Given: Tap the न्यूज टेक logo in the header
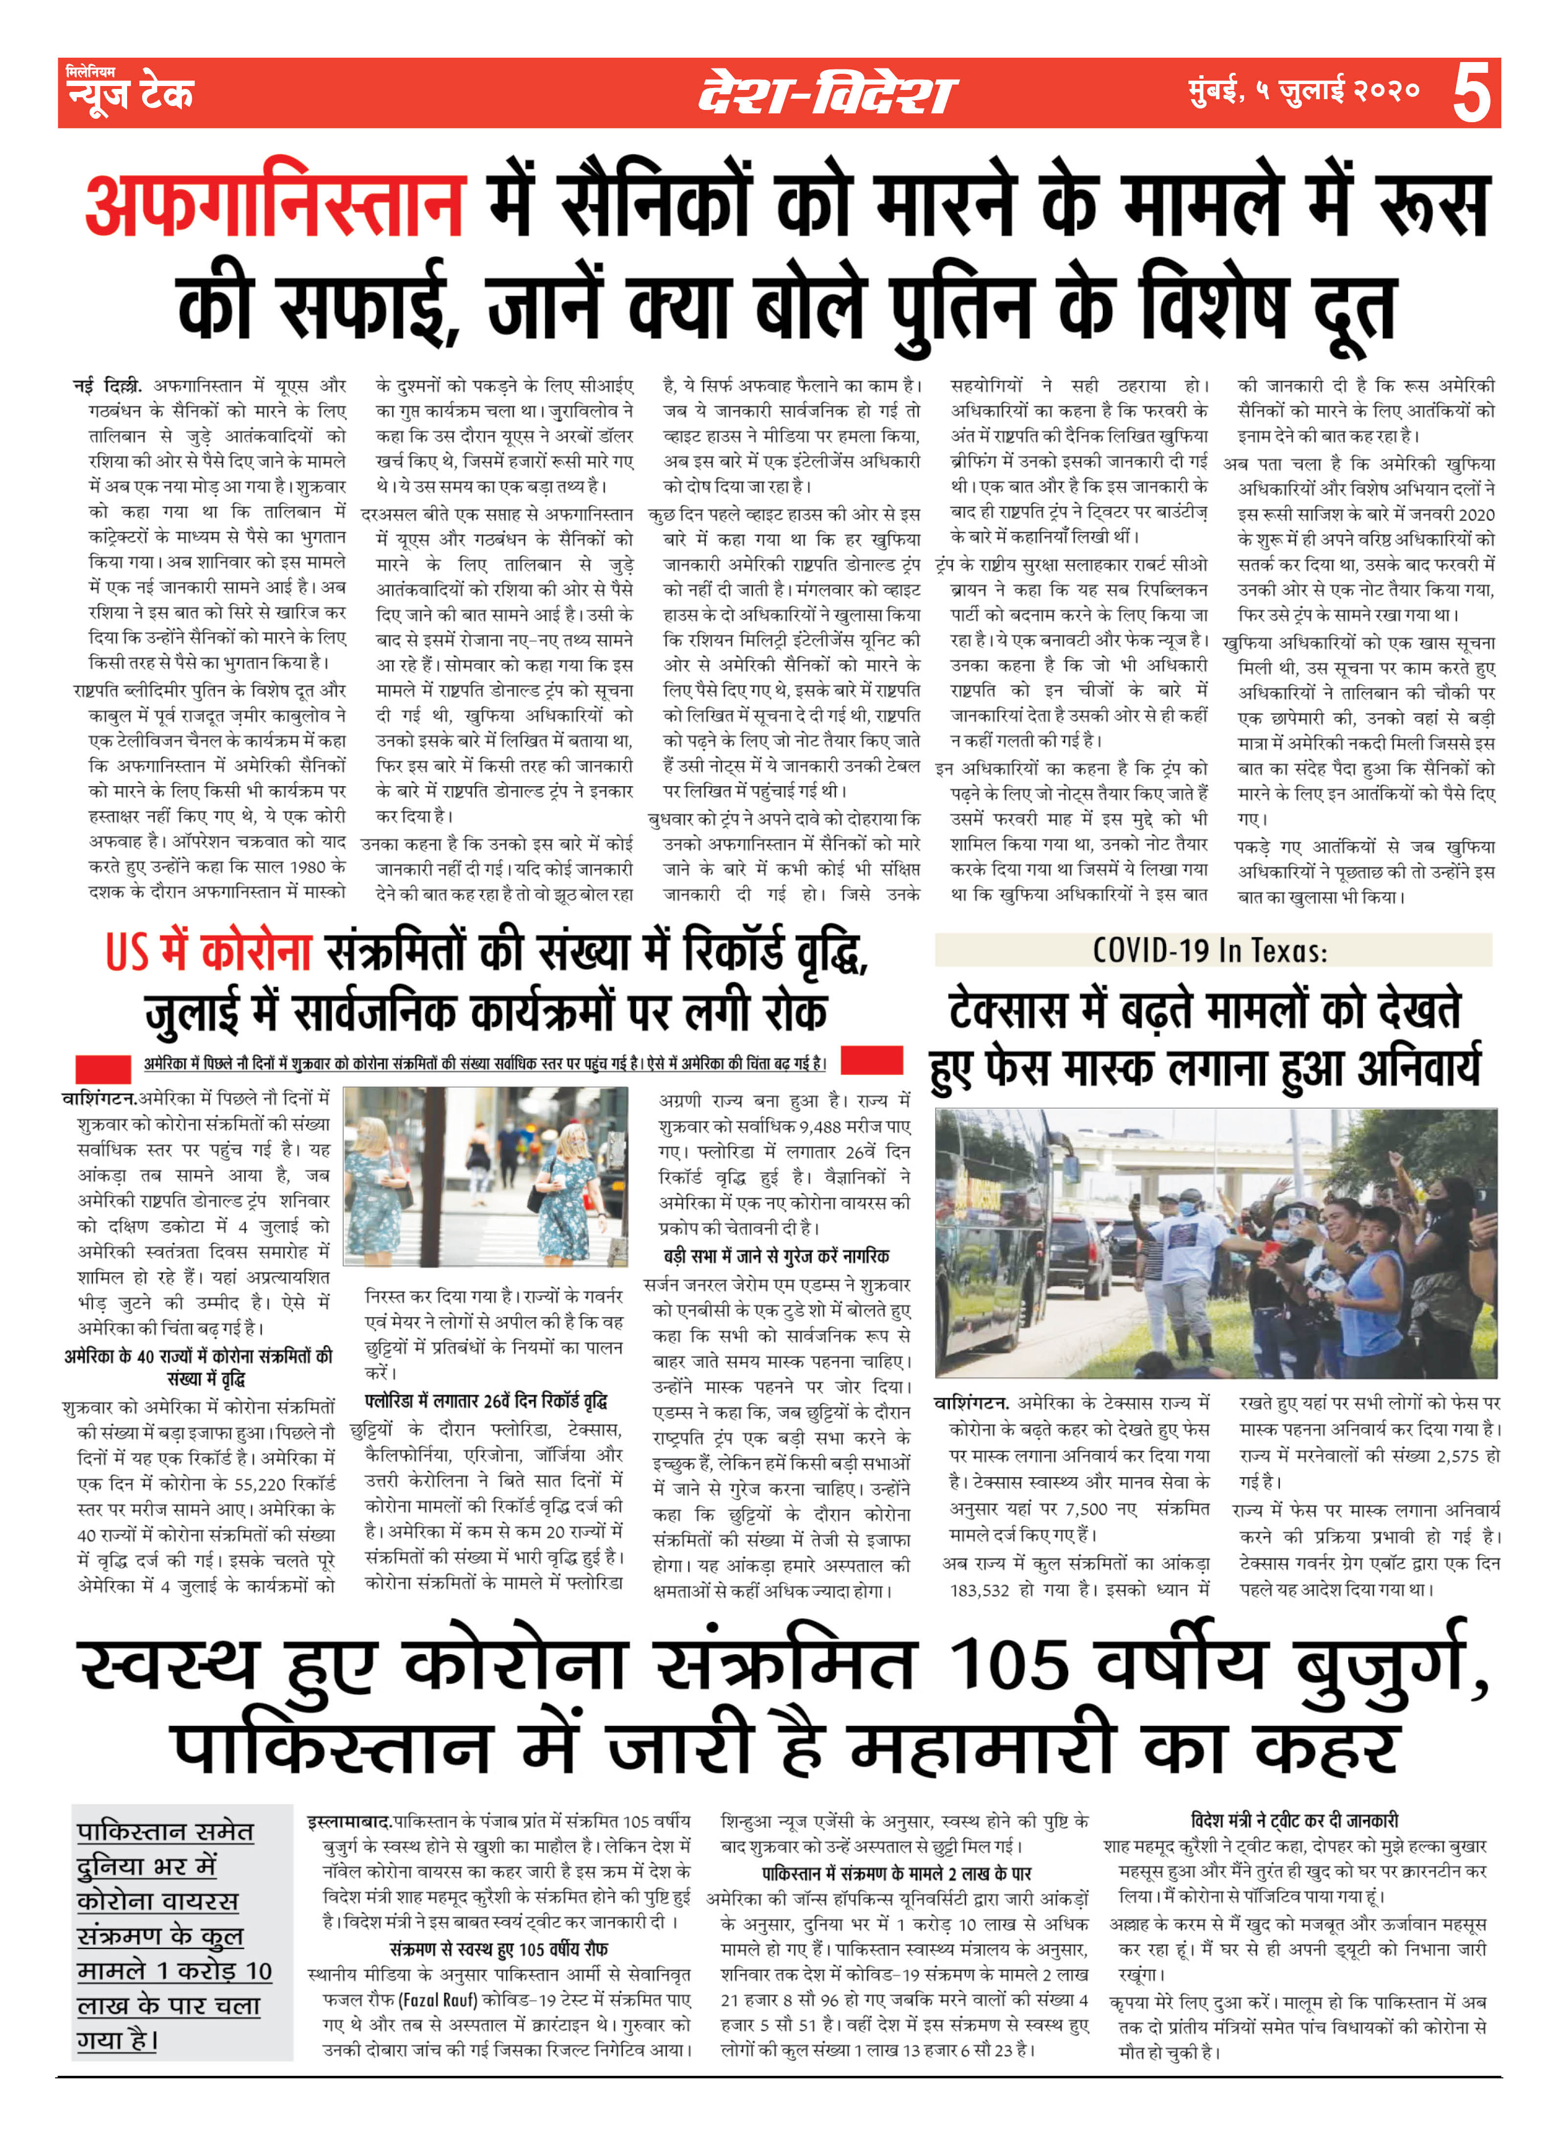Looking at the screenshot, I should (x=129, y=92).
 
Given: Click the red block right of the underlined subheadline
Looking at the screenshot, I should (x=871, y=1060).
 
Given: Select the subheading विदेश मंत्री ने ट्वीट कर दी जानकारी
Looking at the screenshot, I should (x=1295, y=1820).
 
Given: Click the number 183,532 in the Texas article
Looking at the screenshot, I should (x=980, y=1590).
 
